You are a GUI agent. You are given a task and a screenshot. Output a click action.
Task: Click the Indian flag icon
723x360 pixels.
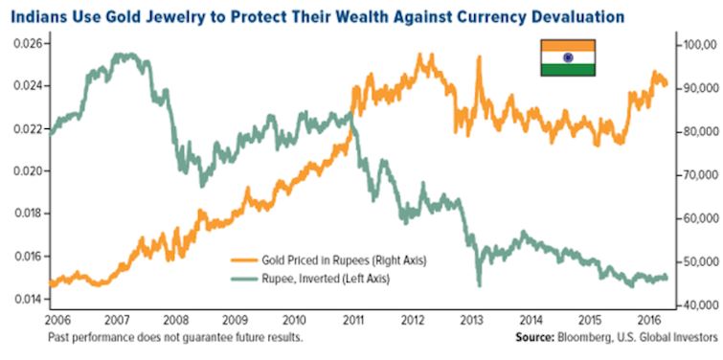point(568,57)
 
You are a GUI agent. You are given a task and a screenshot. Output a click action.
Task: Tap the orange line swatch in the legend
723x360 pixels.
point(244,260)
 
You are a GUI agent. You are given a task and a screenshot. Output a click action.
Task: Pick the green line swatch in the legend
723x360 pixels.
point(244,279)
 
